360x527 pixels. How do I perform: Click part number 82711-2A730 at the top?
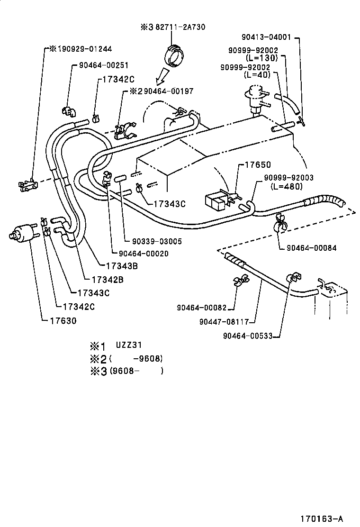point(182,27)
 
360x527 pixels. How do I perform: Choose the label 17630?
point(63,321)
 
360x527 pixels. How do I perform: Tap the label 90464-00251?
point(104,65)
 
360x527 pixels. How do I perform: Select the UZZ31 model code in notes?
point(129,345)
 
